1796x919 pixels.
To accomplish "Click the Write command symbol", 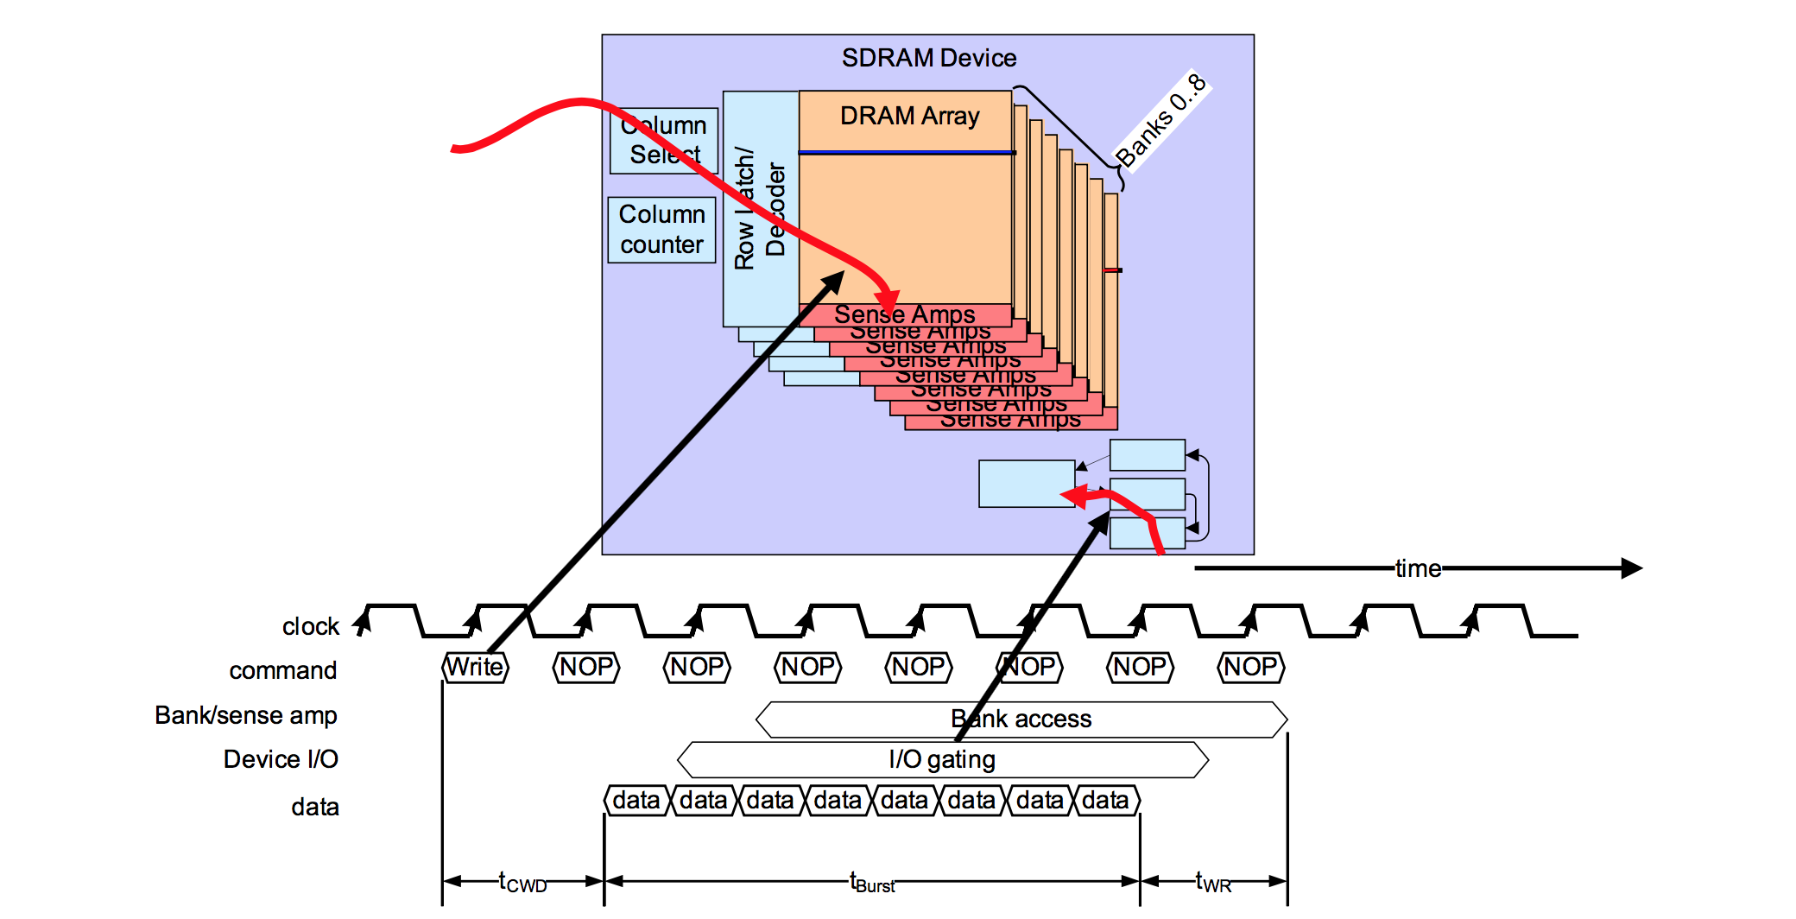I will click(474, 667).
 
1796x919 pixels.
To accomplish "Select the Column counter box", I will click(661, 230).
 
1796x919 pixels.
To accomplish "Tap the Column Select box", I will click(663, 140).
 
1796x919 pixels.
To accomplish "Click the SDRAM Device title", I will click(928, 58).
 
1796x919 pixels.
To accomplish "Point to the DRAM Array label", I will click(909, 116).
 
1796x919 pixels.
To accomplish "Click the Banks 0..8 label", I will click(1160, 121).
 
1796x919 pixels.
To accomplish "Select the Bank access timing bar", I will click(1021, 719).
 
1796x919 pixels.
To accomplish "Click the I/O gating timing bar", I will click(942, 759).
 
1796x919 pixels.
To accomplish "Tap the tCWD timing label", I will click(522, 882).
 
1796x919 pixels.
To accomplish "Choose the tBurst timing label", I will click(872, 882).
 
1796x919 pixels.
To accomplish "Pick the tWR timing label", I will click(1212, 882).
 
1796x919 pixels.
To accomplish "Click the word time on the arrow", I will click(1418, 568).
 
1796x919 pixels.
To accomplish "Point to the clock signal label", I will click(310, 626).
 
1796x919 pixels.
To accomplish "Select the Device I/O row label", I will click(281, 759).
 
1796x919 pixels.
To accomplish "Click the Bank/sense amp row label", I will click(246, 715).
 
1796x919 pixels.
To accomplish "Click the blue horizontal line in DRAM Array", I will click(907, 153).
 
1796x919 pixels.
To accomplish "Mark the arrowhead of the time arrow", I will click(1631, 568).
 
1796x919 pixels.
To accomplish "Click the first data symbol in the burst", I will click(636, 801).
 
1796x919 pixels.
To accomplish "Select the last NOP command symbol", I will click(1250, 667).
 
